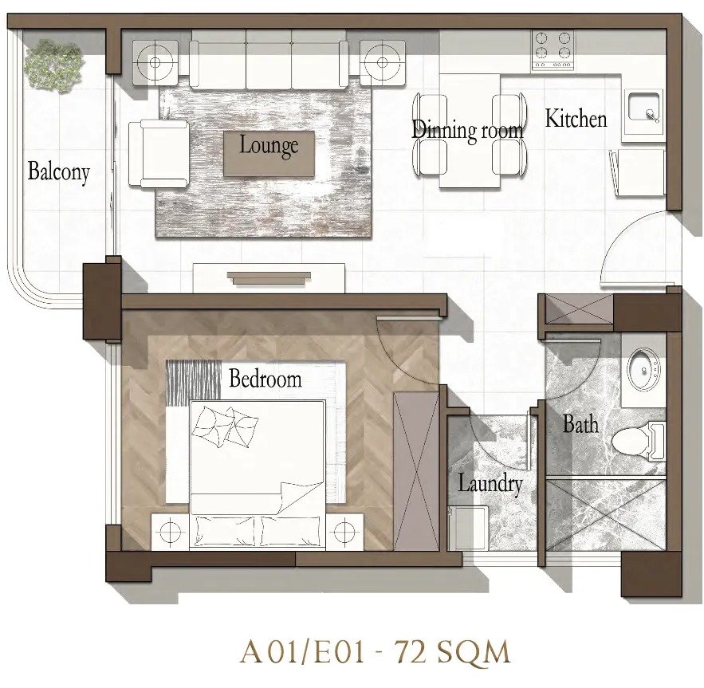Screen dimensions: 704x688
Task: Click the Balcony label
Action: click(x=59, y=172)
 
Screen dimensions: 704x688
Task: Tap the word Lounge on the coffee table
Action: click(x=269, y=146)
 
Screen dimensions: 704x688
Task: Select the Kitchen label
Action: click(x=576, y=119)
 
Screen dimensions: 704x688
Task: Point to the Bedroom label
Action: click(x=265, y=378)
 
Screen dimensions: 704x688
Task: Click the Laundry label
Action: click(x=490, y=484)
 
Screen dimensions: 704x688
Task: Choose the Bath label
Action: click(x=580, y=424)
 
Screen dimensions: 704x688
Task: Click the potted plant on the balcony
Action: click(x=53, y=66)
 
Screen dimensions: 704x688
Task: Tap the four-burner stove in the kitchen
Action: click(x=553, y=50)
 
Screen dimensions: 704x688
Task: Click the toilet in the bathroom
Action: click(x=639, y=442)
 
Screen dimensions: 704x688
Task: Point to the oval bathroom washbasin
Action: click(x=643, y=370)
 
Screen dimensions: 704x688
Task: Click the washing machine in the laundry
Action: click(x=469, y=527)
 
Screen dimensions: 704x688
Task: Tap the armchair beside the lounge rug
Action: click(x=159, y=153)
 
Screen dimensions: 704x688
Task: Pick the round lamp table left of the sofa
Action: click(x=155, y=62)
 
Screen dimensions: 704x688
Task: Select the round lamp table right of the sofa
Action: click(x=383, y=62)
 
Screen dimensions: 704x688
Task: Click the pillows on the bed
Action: click(x=225, y=427)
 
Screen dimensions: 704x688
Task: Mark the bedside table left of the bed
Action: click(x=170, y=532)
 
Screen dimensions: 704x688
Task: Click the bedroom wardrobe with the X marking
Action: click(x=416, y=470)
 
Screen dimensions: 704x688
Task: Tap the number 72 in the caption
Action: click(x=410, y=652)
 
